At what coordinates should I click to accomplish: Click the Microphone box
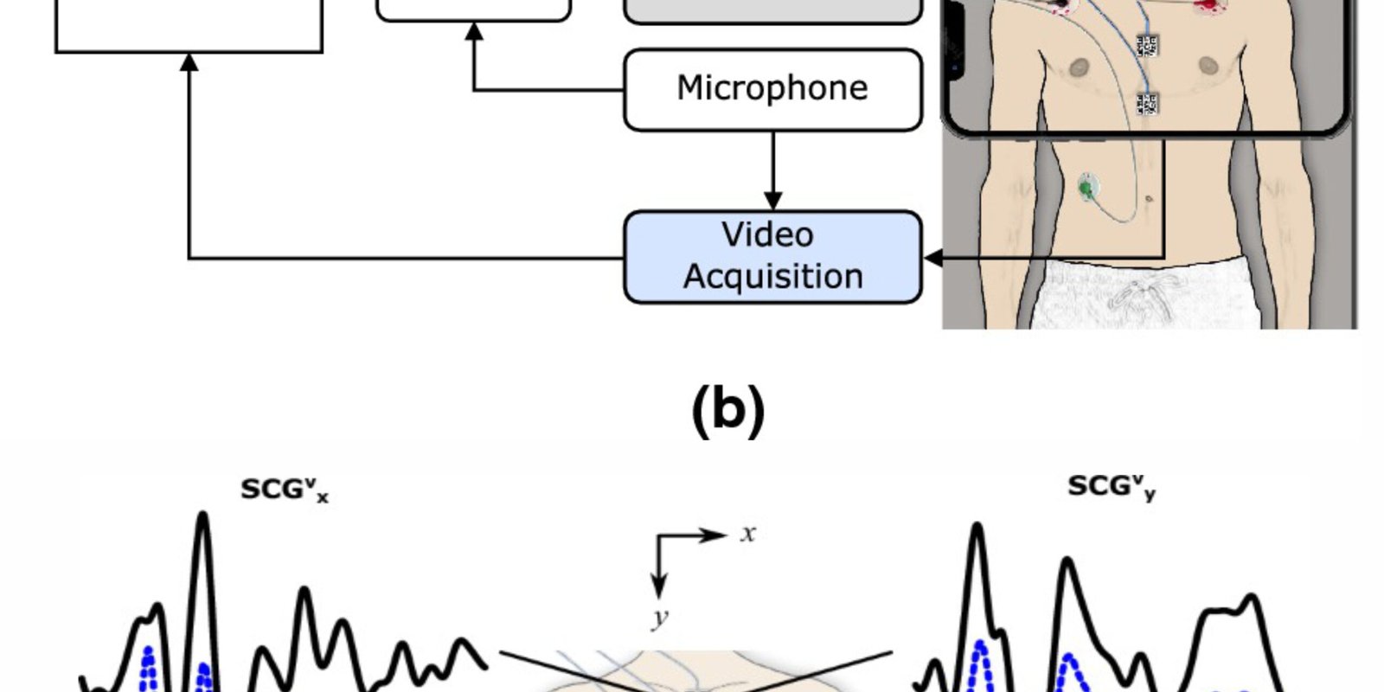772,89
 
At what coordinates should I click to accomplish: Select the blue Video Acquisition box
772,257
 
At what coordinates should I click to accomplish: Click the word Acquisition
772,277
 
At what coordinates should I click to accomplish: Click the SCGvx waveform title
284,490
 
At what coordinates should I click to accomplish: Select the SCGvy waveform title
1111,487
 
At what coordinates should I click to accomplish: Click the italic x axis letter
748,534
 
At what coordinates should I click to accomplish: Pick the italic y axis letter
660,618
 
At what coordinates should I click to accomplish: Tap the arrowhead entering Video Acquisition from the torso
932,258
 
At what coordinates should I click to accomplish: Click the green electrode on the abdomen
1086,186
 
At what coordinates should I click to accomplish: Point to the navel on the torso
1149,199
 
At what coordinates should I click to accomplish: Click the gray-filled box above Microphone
772,10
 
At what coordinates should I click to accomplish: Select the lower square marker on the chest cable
1147,105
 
